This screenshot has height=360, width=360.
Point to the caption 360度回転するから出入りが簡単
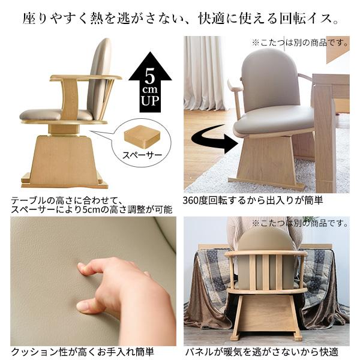[253, 200]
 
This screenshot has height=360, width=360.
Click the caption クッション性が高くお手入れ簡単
[82, 352]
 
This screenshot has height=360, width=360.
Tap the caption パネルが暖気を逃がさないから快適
[261, 352]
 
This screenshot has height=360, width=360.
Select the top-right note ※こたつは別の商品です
[300, 43]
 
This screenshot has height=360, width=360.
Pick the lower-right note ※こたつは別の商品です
[300, 223]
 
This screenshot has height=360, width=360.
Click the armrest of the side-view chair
[84, 78]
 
